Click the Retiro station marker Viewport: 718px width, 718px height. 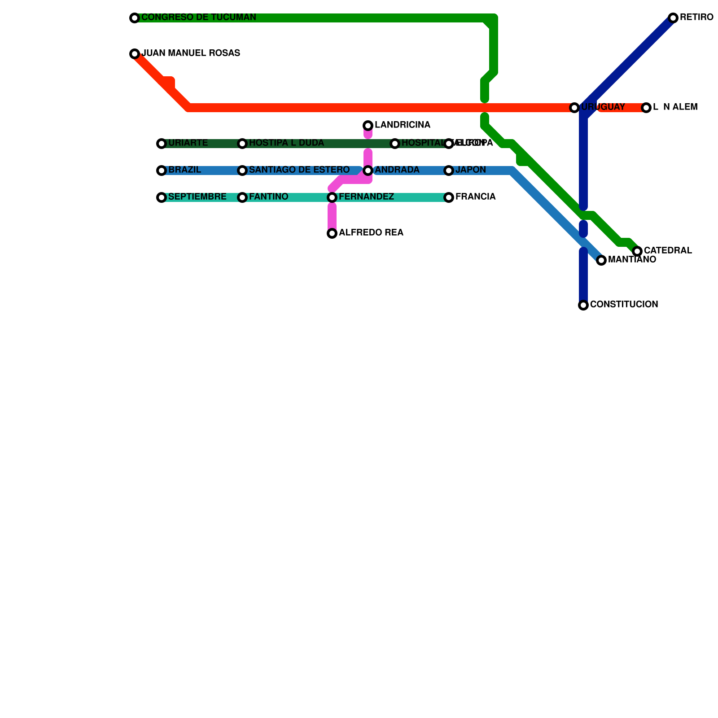pos(673,18)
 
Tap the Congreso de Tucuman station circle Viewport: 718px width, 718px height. pos(135,18)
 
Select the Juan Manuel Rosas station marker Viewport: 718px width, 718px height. pos(135,54)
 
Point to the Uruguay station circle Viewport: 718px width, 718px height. pos(574,108)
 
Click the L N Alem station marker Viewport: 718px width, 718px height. pos(646,108)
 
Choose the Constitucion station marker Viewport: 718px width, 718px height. pos(583,305)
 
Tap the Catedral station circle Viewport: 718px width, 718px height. pos(637,251)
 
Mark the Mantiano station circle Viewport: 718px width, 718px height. pos(601,260)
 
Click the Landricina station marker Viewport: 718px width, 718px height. pos(368,125)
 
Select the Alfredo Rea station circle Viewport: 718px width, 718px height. pos(332,233)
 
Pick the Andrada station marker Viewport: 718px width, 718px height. pos(368,171)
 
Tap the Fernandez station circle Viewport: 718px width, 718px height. pos(332,197)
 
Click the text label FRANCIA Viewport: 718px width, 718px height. pos(475,197)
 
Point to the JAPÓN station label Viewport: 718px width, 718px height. pos(470,170)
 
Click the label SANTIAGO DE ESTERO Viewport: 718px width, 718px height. pos(299,170)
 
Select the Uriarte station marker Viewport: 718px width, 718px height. pos(162,144)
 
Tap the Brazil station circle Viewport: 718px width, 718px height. pos(162,171)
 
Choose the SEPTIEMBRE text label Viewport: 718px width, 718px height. pos(197,197)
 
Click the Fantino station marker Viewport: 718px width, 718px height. pos(242,197)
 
